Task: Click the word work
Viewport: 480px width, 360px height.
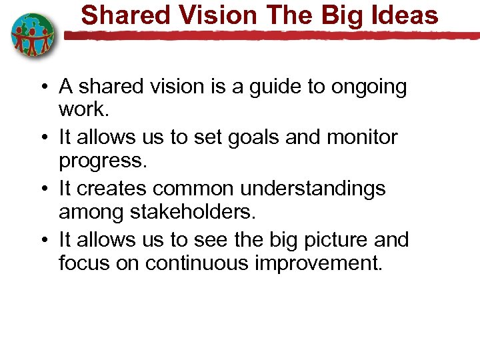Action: point(82,108)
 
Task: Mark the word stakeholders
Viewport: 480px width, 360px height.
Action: point(182,212)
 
